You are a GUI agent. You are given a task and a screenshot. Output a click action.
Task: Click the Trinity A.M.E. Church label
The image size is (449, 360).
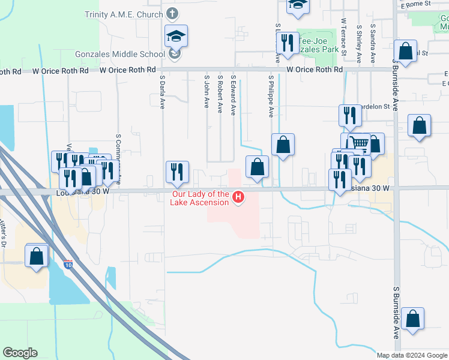click(x=124, y=14)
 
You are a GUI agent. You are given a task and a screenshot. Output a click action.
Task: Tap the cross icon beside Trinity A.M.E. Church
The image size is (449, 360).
click(x=172, y=14)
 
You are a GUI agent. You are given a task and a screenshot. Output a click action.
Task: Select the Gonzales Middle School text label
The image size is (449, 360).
click(x=119, y=54)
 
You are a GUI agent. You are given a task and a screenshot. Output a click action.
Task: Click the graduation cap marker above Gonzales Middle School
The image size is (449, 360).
click(x=176, y=37)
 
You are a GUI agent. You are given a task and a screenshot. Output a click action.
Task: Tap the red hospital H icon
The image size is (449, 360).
click(x=238, y=197)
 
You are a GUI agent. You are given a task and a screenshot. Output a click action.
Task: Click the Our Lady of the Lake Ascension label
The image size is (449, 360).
click(x=200, y=198)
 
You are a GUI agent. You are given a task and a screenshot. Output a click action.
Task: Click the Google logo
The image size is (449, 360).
click(x=20, y=353)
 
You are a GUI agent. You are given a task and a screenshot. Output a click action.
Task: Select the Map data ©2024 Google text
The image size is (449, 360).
click(x=411, y=355)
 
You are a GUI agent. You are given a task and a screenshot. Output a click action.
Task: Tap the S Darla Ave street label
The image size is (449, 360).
click(x=162, y=92)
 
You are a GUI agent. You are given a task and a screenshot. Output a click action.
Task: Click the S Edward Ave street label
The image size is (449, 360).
click(x=234, y=95)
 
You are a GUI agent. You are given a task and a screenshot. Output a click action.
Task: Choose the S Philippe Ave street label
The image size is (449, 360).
click(x=271, y=96)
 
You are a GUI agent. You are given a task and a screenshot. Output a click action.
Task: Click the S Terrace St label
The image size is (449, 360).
click(x=344, y=37)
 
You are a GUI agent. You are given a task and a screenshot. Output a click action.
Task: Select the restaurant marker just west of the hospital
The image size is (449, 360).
click(x=177, y=171)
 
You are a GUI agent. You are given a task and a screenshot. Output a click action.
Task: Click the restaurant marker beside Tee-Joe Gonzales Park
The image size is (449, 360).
click(x=287, y=43)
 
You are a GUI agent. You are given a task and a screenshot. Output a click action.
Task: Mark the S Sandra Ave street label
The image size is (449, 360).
click(x=373, y=43)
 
